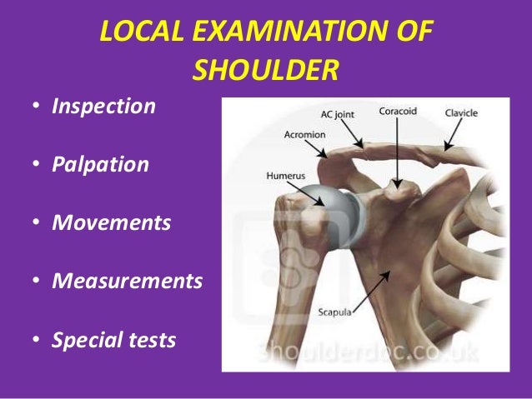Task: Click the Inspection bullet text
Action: (x=103, y=107)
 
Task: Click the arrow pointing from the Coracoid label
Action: (x=398, y=153)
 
